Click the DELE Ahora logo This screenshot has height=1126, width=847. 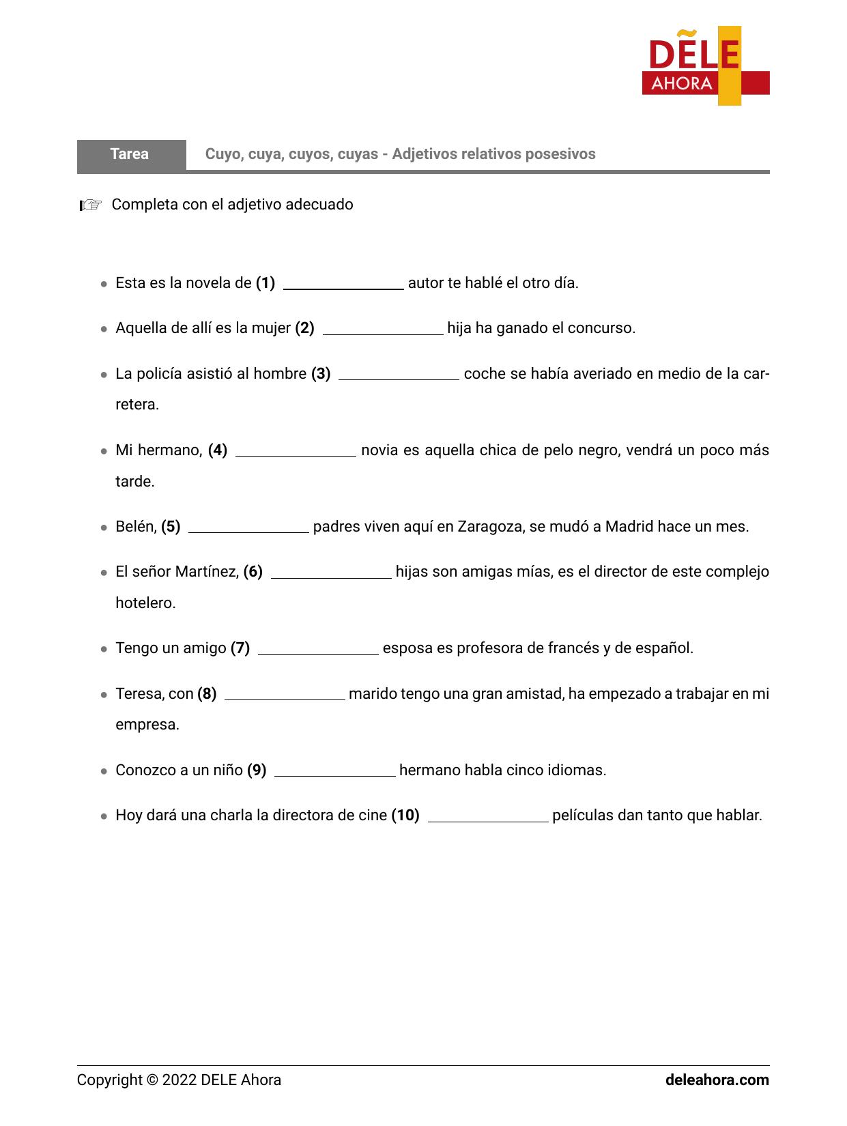click(705, 66)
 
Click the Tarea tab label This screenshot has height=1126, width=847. click(130, 154)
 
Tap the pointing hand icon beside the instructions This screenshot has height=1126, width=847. click(90, 205)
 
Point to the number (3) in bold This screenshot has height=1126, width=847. click(321, 374)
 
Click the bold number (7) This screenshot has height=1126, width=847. click(240, 648)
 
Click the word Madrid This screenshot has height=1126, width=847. click(629, 527)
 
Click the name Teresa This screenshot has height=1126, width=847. click(139, 694)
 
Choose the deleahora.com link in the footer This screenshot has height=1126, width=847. click(717, 1080)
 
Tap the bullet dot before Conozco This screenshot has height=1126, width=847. click(104, 772)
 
